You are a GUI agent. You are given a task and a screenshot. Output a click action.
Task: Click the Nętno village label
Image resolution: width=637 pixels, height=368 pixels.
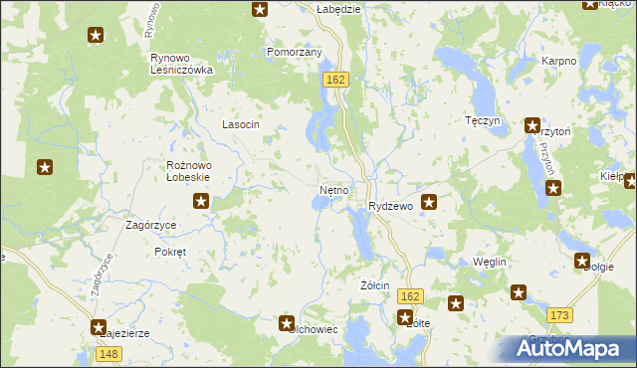tap(333, 189)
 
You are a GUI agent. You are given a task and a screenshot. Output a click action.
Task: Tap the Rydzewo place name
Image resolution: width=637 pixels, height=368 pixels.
tap(390, 206)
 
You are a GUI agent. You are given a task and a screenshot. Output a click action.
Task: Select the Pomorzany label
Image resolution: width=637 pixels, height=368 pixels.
tap(294, 52)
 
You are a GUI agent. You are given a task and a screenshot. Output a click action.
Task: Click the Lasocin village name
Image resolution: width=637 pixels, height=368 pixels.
tap(240, 124)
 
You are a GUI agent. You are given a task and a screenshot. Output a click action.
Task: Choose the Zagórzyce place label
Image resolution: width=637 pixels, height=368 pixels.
tap(150, 225)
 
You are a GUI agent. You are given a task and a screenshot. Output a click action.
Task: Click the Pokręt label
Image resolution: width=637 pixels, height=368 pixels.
tap(170, 252)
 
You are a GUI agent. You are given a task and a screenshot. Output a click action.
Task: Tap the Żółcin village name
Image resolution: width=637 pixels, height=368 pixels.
tap(374, 285)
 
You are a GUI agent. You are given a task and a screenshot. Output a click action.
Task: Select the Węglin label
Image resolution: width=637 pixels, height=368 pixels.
tap(490, 261)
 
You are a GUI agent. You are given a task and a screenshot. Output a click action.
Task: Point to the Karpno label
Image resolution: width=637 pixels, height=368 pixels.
tap(558, 61)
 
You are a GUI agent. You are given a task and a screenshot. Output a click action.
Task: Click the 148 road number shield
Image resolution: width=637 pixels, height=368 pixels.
tap(109, 355)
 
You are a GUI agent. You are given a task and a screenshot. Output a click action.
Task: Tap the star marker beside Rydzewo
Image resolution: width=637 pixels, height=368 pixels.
tap(430, 202)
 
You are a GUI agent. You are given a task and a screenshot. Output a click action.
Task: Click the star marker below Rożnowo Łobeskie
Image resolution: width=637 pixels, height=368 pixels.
tap(201, 202)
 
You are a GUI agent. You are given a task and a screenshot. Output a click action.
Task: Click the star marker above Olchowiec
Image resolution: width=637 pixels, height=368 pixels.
tap(287, 323)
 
